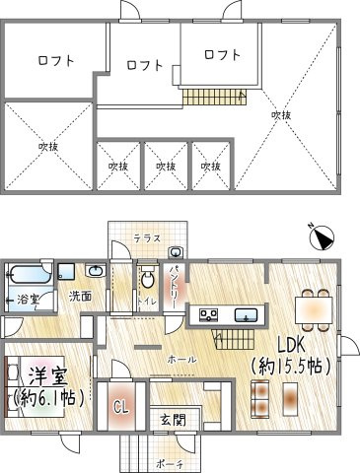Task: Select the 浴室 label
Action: tap(27, 299)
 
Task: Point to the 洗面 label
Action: tap(79, 295)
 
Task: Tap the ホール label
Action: tap(180, 359)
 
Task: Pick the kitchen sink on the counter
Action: tap(246, 314)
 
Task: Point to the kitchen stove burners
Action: tap(210, 314)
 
